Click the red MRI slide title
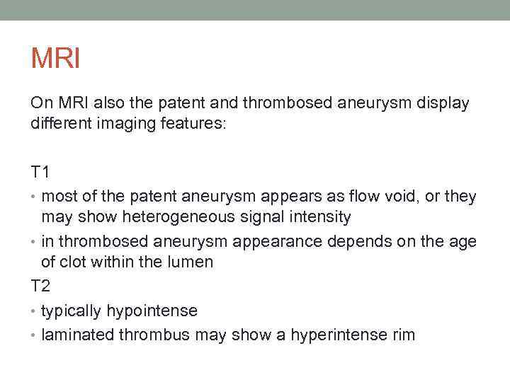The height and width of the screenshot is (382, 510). coord(55,58)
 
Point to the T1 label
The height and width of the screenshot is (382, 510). coord(40,173)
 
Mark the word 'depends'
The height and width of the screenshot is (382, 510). coord(353,242)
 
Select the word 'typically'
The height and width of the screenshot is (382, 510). coord(72,311)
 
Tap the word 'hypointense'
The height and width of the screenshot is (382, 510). coord(152,311)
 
